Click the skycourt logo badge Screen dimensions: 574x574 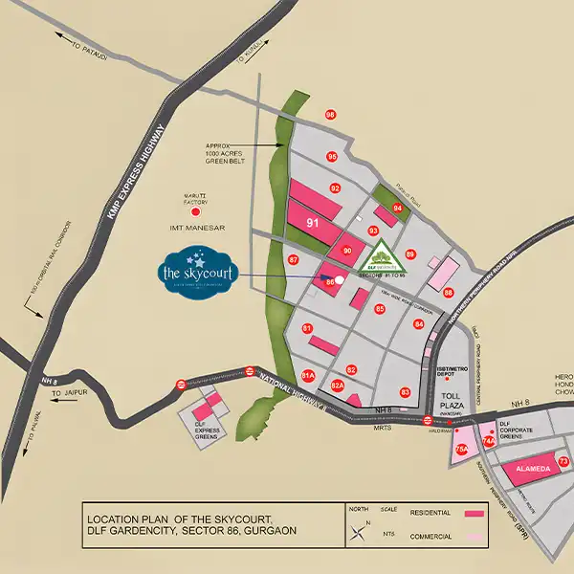pos(196,270)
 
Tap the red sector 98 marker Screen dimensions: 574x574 pos(330,115)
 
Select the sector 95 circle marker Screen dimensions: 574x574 pos(332,157)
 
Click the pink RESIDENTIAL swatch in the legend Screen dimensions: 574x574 pos(475,514)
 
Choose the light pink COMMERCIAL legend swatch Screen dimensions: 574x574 pos(475,535)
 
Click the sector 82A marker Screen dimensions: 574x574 pos(337,386)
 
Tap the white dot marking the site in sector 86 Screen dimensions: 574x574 pos(340,279)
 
